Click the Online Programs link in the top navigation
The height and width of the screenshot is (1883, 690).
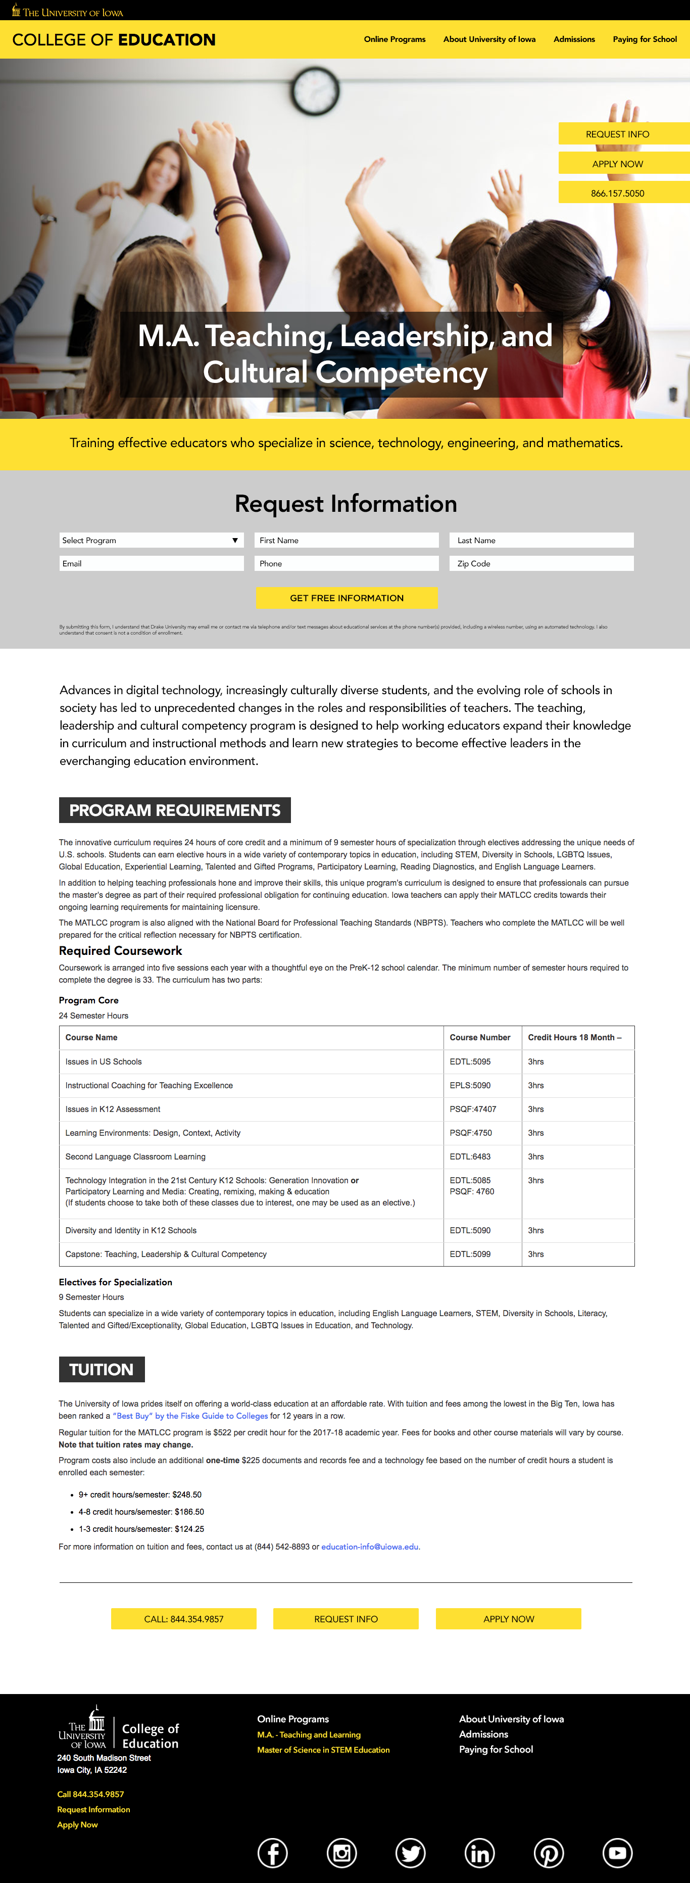point(395,39)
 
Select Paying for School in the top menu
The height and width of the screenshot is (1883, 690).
point(645,39)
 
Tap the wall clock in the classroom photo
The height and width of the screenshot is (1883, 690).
point(316,90)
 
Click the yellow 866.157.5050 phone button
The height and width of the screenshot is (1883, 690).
point(618,193)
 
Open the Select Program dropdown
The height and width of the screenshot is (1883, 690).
point(151,540)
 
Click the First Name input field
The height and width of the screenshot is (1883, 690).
point(347,540)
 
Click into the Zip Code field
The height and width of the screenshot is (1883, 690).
point(541,563)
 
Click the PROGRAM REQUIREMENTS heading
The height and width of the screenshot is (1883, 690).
point(175,810)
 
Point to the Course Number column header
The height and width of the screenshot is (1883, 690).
point(479,1037)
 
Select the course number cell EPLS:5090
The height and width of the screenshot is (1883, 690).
point(470,1086)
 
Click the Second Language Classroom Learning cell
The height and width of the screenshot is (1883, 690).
point(135,1156)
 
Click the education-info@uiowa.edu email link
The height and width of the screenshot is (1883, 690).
point(370,1547)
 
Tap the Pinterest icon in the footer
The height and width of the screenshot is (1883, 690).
point(548,1853)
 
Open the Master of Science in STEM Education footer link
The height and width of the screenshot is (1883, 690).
point(323,1750)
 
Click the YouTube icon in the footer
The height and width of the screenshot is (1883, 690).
point(617,1853)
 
